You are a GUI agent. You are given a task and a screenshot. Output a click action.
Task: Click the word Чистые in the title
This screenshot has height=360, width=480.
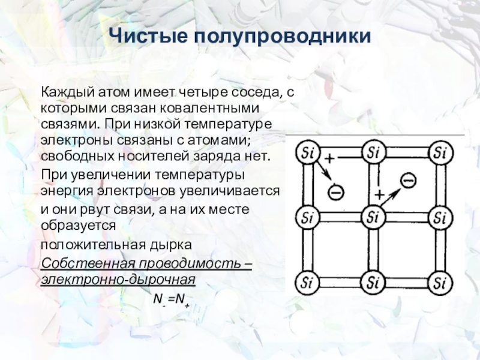coord(150,38)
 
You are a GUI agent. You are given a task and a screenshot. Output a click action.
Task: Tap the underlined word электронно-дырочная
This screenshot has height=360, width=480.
coord(118,280)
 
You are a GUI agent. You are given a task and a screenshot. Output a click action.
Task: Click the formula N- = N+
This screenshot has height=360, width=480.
coord(170,298)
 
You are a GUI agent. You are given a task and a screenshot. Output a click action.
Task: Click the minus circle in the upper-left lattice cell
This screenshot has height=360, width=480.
coord(337,192)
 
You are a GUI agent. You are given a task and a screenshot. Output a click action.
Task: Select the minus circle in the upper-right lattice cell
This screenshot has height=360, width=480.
coord(408,179)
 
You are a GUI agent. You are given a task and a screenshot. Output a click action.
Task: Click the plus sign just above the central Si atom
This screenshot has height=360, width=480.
coord(379,195)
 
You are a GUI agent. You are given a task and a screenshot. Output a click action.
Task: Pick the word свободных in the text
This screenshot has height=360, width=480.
coord(67,156)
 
